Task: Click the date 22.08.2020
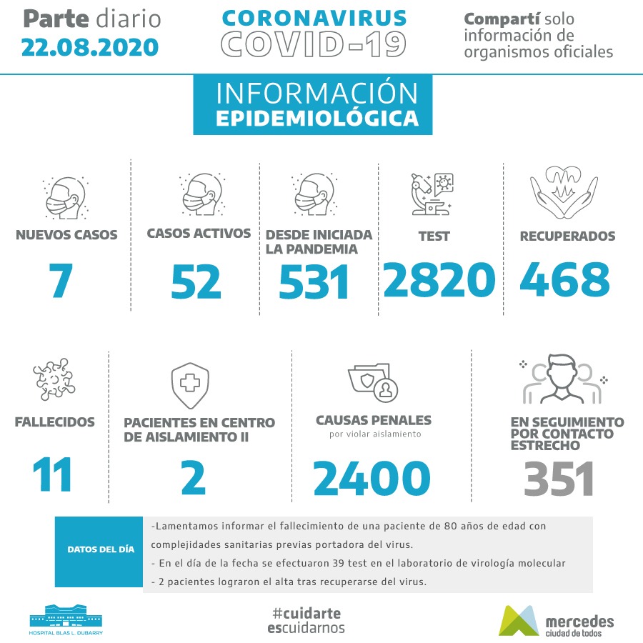[x=89, y=47]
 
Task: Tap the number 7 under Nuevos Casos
[x=62, y=281]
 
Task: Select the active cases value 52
[x=196, y=281]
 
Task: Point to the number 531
[x=314, y=282]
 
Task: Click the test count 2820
[x=439, y=279]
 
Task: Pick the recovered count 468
[x=564, y=279]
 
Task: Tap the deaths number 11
[x=53, y=474]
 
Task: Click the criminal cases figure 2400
[x=372, y=477]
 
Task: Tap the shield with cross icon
[x=189, y=384]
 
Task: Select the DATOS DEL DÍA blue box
[x=100, y=550]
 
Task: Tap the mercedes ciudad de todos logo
[x=556, y=620]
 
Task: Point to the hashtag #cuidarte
[x=306, y=613]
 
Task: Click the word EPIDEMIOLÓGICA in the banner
[x=316, y=118]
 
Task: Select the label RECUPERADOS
[x=567, y=236]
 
